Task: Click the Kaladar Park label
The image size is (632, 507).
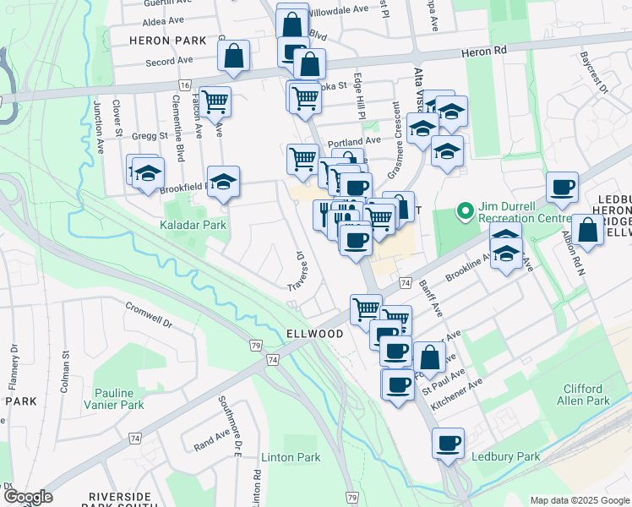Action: [x=193, y=226]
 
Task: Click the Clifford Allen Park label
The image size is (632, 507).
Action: [x=586, y=395]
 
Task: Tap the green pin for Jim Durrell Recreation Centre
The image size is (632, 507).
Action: [x=464, y=210]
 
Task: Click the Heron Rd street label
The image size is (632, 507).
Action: [x=483, y=52]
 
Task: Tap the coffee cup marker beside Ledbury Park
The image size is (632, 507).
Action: [x=448, y=442]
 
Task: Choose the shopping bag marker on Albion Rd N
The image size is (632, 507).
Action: [x=587, y=230]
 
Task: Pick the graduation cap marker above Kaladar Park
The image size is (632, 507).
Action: [x=224, y=181]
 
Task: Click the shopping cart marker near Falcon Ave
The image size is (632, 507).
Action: [x=216, y=101]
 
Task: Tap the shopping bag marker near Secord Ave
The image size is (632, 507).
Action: [x=233, y=56]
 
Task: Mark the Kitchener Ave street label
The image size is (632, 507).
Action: [x=456, y=395]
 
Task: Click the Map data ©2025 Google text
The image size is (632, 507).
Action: [x=579, y=500]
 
